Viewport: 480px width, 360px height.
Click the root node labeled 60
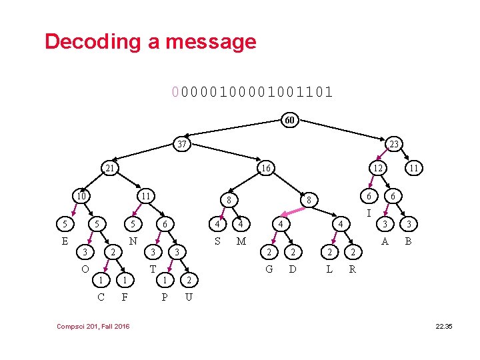[289, 121]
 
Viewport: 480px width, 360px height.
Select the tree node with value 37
[181, 144]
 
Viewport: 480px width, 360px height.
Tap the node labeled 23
[394, 144]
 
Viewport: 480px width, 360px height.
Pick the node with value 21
[111, 169]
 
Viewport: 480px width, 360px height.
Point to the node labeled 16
[265, 169]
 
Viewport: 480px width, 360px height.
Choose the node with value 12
[378, 169]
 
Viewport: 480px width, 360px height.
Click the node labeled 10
[81, 196]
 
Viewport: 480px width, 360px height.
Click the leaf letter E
[65, 241]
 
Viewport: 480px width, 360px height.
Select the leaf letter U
[189, 297]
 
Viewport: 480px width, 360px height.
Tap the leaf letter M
[241, 241]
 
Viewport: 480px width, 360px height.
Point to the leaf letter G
[269, 269]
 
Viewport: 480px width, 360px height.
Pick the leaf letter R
[353, 269]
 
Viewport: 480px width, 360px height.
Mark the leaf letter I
[369, 213]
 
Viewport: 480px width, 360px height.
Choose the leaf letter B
[409, 241]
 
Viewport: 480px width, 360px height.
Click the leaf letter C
[101, 297]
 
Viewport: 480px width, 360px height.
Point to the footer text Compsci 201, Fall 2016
[94, 325]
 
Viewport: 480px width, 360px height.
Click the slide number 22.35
[443, 325]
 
